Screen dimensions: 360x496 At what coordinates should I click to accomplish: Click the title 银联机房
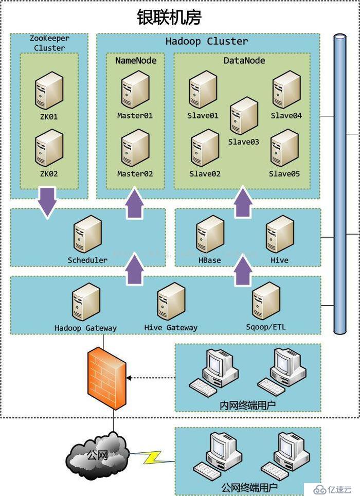click(x=169, y=17)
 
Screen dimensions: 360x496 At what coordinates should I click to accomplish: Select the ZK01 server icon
click(x=49, y=91)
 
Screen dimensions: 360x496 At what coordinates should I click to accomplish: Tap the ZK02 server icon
click(x=49, y=148)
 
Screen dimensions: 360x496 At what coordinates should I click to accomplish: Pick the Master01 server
click(x=135, y=90)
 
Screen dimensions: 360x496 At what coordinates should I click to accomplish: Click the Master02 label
click(x=135, y=174)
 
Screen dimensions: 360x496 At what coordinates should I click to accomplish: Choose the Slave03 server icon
click(x=244, y=116)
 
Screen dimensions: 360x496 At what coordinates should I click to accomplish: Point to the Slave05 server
click(x=284, y=148)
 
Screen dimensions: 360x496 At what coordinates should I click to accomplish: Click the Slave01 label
click(x=203, y=115)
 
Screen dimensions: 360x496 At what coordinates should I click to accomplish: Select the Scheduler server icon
click(x=87, y=235)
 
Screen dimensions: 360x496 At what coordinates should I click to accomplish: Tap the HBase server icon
click(x=210, y=235)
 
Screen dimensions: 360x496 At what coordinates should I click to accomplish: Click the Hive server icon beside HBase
click(x=280, y=235)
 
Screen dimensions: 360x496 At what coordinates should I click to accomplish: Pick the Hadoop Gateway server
click(x=86, y=302)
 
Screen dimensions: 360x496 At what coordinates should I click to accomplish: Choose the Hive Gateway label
click(x=171, y=328)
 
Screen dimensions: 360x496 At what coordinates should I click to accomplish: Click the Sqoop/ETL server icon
click(x=266, y=301)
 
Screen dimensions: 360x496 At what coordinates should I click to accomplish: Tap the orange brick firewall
click(x=107, y=378)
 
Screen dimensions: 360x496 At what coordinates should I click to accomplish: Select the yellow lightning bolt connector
click(x=152, y=457)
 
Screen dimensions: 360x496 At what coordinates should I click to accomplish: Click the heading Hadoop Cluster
click(x=207, y=41)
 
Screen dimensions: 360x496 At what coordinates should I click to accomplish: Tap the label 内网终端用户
click(x=248, y=405)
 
